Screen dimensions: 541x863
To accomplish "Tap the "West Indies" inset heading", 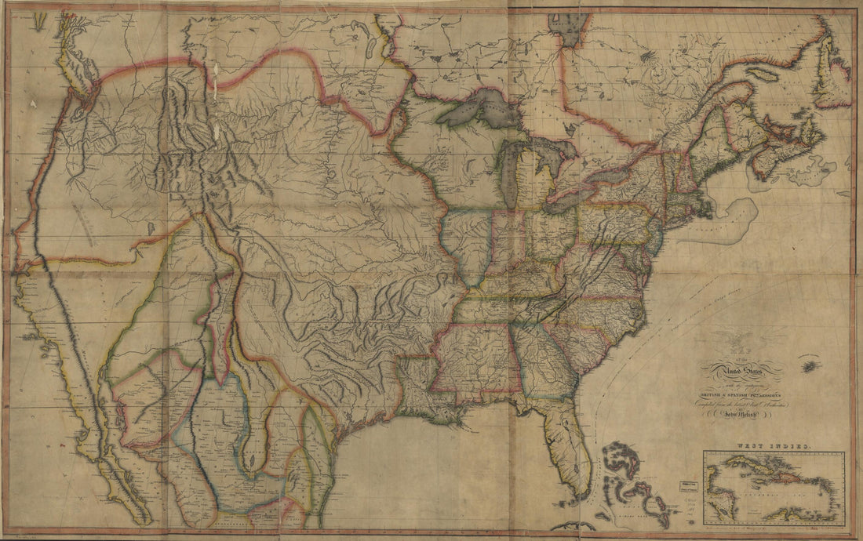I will click(x=773, y=445).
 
